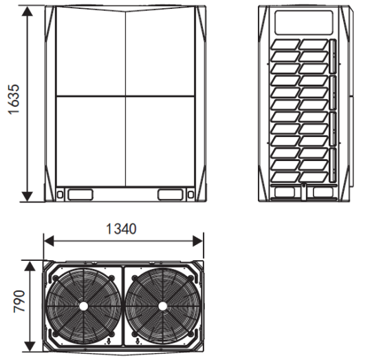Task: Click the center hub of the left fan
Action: pos(84,306)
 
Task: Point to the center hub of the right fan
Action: pos(163,306)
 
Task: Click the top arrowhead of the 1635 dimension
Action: pos(28,12)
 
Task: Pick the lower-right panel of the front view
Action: pos(159,141)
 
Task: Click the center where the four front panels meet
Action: pos(126,96)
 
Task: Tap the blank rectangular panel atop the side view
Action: pos(303,21)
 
